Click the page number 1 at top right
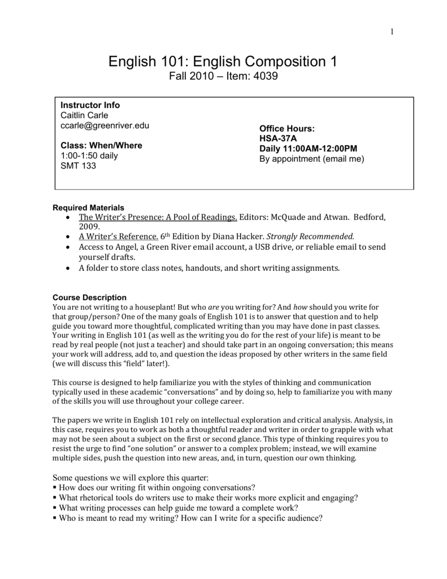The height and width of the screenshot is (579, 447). click(x=391, y=31)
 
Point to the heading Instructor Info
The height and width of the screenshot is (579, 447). click(x=90, y=105)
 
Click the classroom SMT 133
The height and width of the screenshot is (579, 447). click(x=78, y=166)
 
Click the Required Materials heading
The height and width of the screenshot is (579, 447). click(x=88, y=208)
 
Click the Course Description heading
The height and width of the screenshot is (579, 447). click(x=89, y=297)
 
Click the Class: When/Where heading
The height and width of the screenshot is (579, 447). click(x=101, y=145)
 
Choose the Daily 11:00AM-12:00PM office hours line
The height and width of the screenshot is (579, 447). click(x=308, y=149)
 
